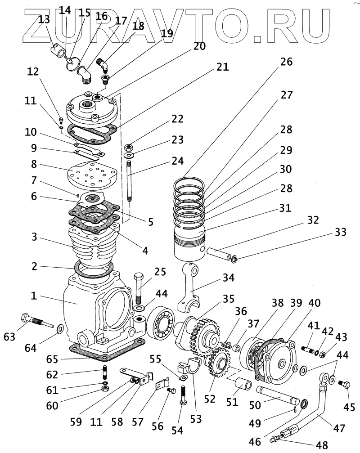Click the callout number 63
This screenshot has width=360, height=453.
[9, 336]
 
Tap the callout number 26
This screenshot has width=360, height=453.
[286, 62]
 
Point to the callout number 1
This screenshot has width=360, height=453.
[34, 296]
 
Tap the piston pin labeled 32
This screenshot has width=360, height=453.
[218, 253]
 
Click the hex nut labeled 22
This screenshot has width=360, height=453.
[128, 148]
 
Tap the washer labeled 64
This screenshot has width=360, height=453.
[61, 328]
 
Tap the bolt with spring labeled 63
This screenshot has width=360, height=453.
[37, 321]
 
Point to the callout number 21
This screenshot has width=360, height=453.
[222, 67]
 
